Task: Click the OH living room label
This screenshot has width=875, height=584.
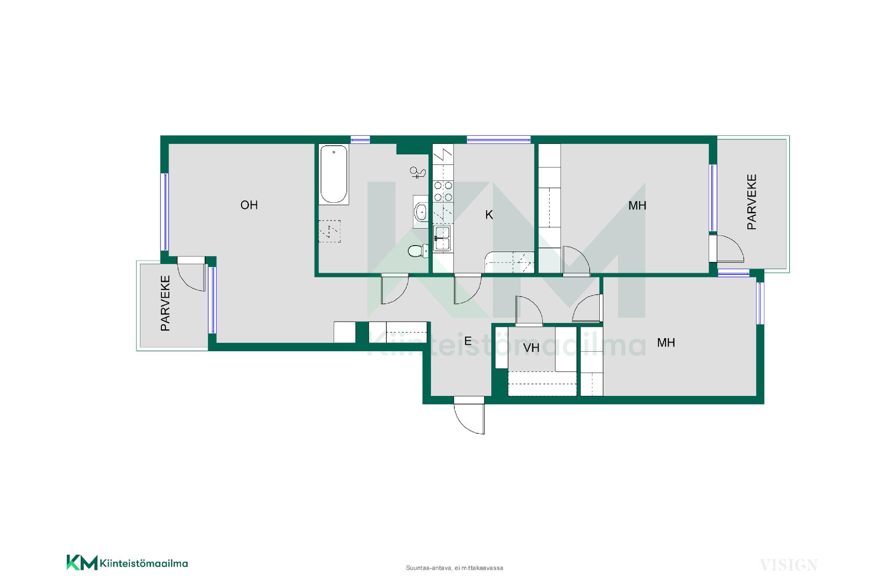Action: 249,205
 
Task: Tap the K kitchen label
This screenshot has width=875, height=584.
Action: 489,215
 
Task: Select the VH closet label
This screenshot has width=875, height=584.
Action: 531,348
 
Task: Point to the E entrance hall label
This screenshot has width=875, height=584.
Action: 468,341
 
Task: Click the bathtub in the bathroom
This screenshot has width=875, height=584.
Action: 334,174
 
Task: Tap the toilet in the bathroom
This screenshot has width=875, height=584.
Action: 418,251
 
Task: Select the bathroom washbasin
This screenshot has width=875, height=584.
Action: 421,211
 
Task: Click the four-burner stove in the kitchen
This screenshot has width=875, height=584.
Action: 443,191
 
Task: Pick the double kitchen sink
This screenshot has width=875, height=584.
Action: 442,238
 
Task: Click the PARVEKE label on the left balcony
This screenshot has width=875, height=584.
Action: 165,303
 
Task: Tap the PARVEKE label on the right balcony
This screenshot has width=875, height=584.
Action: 751,202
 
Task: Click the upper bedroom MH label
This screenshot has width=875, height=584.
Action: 637,206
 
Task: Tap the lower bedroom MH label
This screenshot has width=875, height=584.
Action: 666,343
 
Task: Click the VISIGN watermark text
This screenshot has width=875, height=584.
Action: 788,565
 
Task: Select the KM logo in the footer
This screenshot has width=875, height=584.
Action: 82,563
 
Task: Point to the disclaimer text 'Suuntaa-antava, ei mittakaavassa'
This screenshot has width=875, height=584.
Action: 454,568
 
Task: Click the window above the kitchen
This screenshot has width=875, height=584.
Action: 499,140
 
